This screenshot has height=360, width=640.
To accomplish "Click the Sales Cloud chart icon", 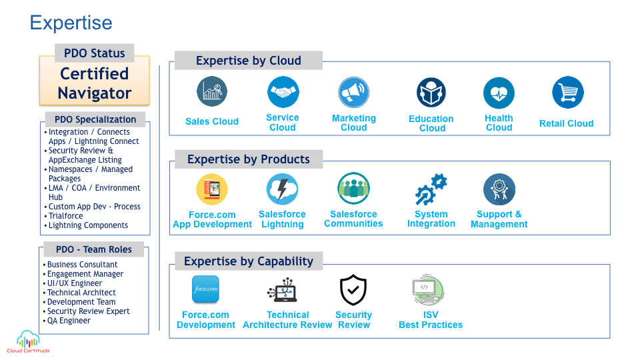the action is [x=212, y=91].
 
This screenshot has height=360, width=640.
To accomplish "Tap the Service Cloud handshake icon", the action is [x=283, y=92].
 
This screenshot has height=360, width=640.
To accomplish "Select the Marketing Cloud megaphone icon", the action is [x=353, y=92].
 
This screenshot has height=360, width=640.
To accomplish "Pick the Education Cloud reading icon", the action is [x=431, y=93].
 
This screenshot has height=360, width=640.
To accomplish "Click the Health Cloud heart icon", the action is [x=499, y=93].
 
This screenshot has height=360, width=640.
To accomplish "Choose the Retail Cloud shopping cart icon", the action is [x=568, y=92].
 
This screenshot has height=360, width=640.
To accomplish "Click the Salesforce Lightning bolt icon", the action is [x=283, y=189].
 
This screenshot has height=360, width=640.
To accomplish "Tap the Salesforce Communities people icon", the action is [x=353, y=188].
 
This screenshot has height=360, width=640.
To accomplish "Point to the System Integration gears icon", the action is [x=431, y=189].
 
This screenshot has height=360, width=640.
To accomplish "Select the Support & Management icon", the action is [x=499, y=189].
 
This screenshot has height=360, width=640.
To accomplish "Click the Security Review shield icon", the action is [x=353, y=290].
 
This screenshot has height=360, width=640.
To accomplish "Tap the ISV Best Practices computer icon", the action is [x=428, y=291].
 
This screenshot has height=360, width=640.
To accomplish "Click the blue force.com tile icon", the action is [x=205, y=289].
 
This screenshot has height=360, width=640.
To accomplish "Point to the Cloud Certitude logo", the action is [x=28, y=341].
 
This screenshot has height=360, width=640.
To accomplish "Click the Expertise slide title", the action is [x=71, y=23].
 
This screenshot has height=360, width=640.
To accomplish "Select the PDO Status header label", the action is [x=94, y=53].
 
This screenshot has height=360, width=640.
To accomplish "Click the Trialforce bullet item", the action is [x=66, y=216].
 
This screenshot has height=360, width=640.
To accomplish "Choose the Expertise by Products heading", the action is [x=249, y=159].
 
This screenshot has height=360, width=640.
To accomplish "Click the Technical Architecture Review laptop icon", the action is [x=283, y=290].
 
